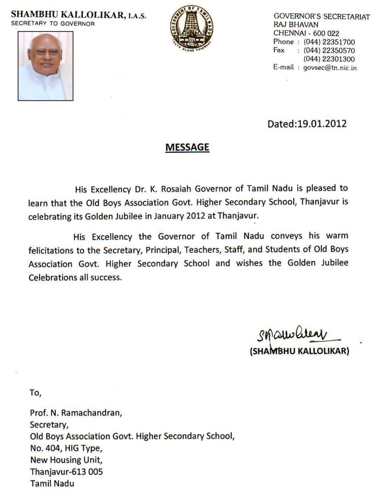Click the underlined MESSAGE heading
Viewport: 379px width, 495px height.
point(187,147)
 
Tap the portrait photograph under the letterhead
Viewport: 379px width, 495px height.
point(45,66)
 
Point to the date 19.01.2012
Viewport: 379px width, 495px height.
point(322,124)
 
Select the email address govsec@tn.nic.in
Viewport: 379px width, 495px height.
point(330,68)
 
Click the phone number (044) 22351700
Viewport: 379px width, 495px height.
point(329,42)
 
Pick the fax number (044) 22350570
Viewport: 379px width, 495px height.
point(329,51)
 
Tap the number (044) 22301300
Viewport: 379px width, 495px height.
point(329,59)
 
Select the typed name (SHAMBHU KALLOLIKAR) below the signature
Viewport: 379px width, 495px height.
point(299,351)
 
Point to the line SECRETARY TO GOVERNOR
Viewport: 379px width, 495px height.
point(53,24)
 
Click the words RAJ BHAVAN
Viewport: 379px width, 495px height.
point(296,25)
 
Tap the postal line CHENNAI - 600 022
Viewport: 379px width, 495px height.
point(306,33)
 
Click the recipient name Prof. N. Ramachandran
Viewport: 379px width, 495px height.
point(76,413)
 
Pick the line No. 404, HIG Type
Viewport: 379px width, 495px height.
point(66,448)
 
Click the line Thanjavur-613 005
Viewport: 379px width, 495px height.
point(66,472)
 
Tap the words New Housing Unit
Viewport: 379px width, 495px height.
point(66,460)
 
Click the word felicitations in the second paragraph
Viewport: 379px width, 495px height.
point(51,250)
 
